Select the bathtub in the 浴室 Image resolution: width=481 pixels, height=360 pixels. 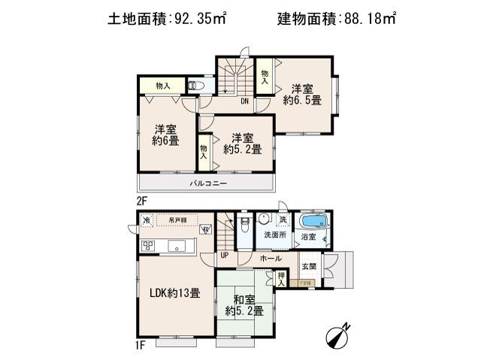(314, 222)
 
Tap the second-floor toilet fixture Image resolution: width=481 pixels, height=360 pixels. (196, 86)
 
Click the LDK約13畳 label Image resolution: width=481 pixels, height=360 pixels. (174, 293)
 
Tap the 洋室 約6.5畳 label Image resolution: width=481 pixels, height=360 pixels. (302, 94)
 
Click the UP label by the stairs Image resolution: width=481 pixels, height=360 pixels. (225, 256)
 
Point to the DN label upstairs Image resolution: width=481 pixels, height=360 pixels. (245, 101)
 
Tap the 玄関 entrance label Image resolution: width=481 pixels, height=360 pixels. (309, 265)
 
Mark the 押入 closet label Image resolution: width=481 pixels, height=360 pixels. (280, 278)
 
